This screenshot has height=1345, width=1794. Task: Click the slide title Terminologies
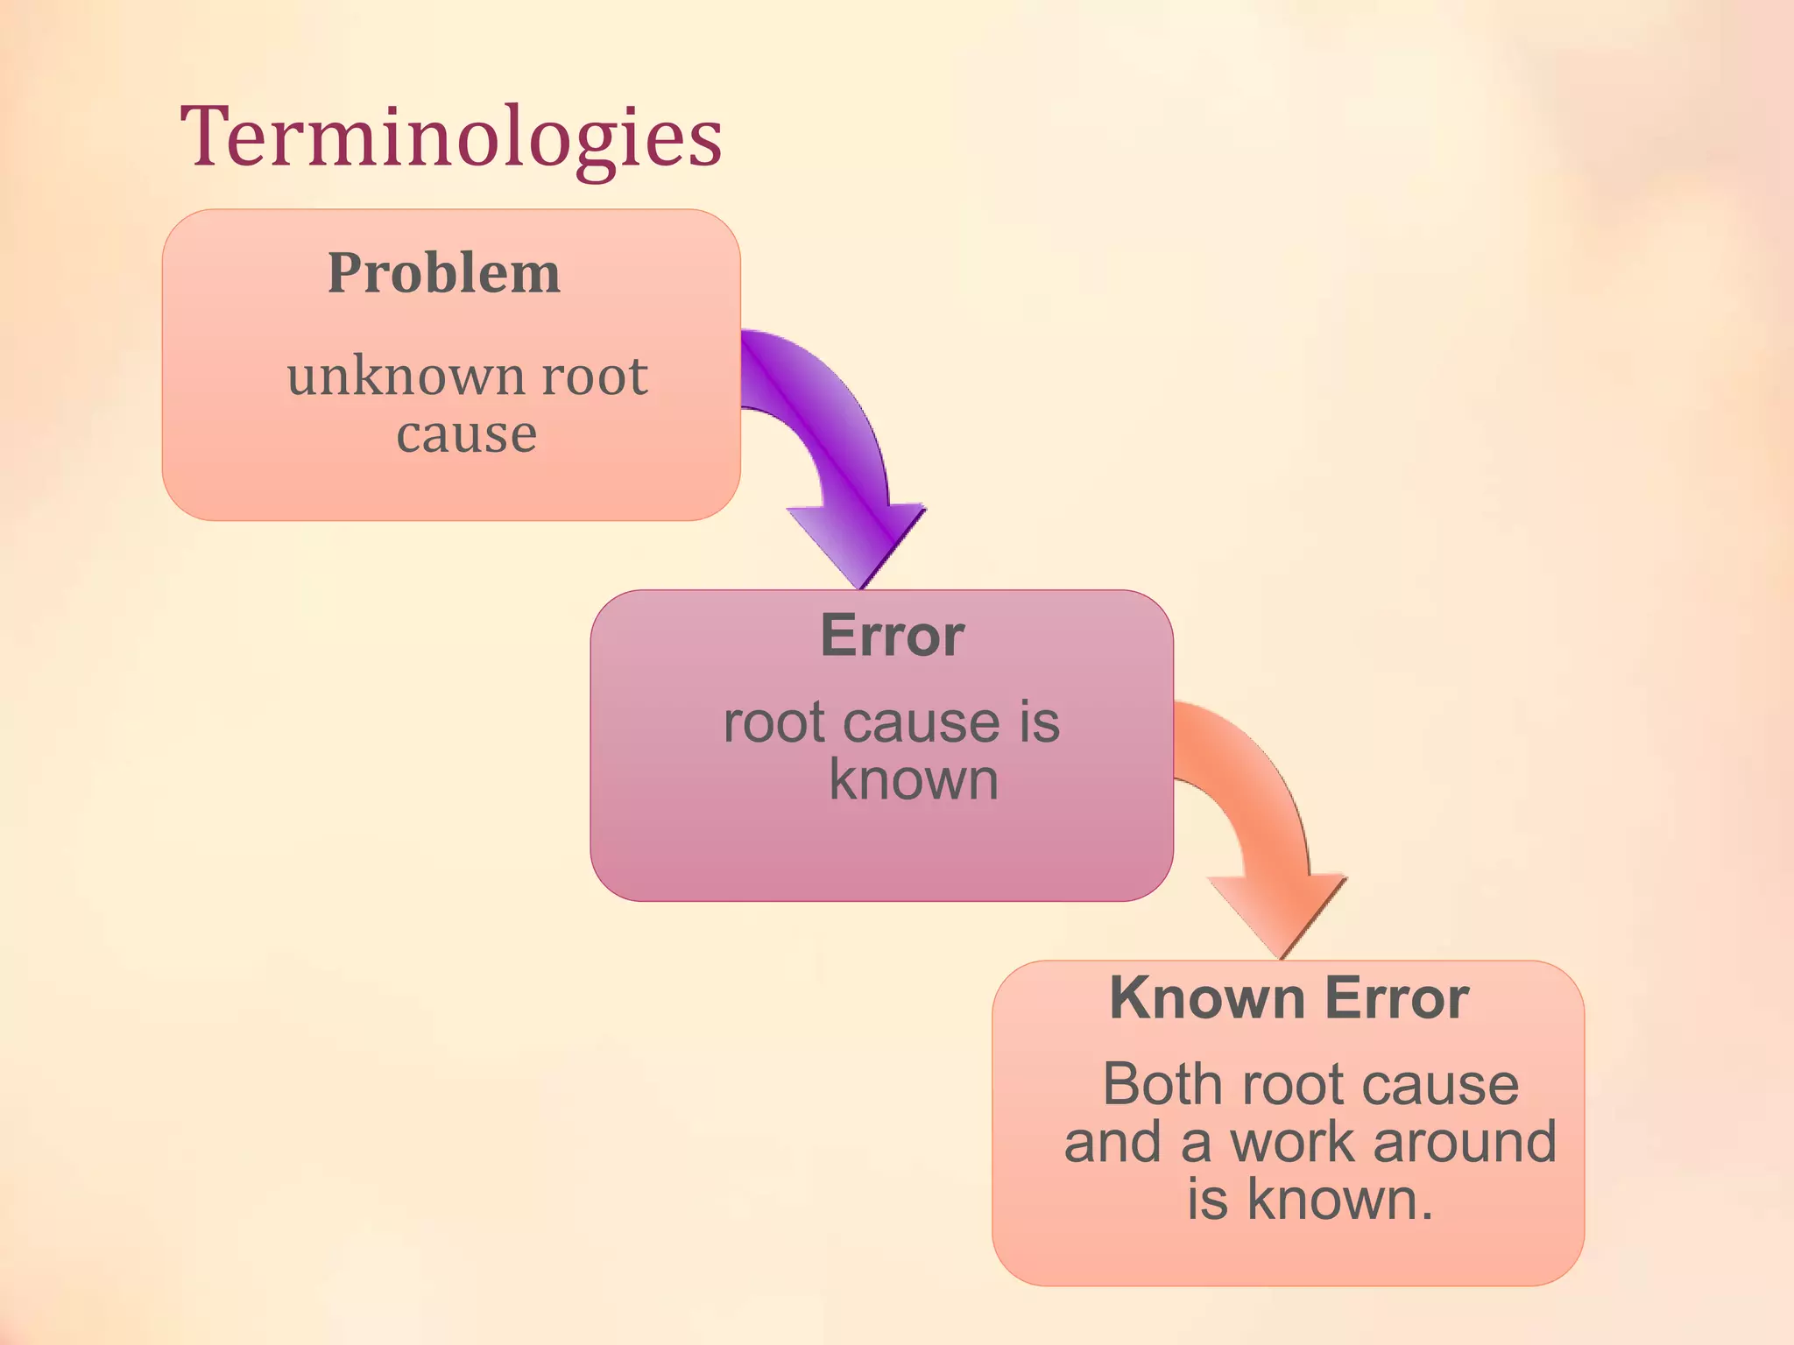point(451,138)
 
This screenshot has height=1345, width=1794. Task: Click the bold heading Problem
point(444,273)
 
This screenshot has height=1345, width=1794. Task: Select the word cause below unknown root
point(466,434)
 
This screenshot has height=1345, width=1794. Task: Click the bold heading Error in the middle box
point(892,636)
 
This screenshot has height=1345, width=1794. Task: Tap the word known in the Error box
point(914,780)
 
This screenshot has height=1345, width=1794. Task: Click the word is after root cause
point(1039,723)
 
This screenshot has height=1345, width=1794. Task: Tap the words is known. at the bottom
point(1310,1200)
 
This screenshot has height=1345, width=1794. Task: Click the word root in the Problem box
point(595,377)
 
